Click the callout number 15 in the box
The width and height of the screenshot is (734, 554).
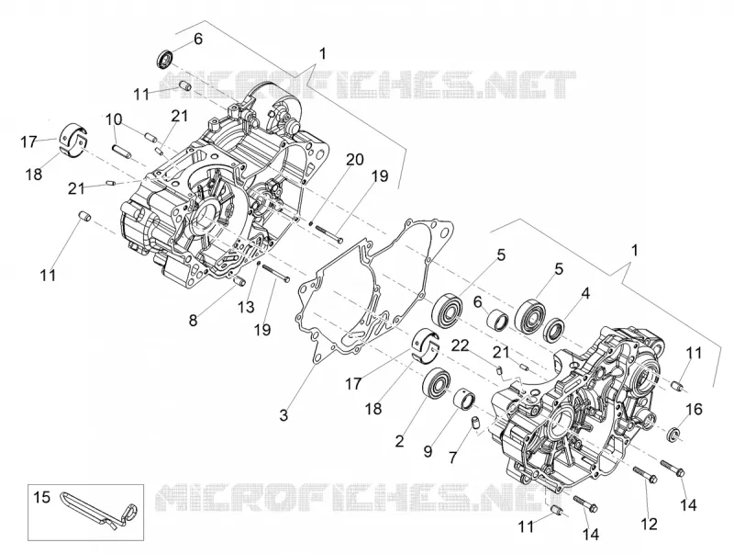coord(41,497)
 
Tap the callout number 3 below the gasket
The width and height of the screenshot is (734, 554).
coord(284,414)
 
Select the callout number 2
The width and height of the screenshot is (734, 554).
coord(399,441)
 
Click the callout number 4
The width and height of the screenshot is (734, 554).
coord(585,293)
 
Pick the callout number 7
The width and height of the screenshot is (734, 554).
coord(452,457)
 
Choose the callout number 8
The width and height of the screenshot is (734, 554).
coord(194,321)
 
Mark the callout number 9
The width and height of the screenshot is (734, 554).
coord(428,451)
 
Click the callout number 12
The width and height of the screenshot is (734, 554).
coord(650,523)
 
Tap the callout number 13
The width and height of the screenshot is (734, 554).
coord(246,307)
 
